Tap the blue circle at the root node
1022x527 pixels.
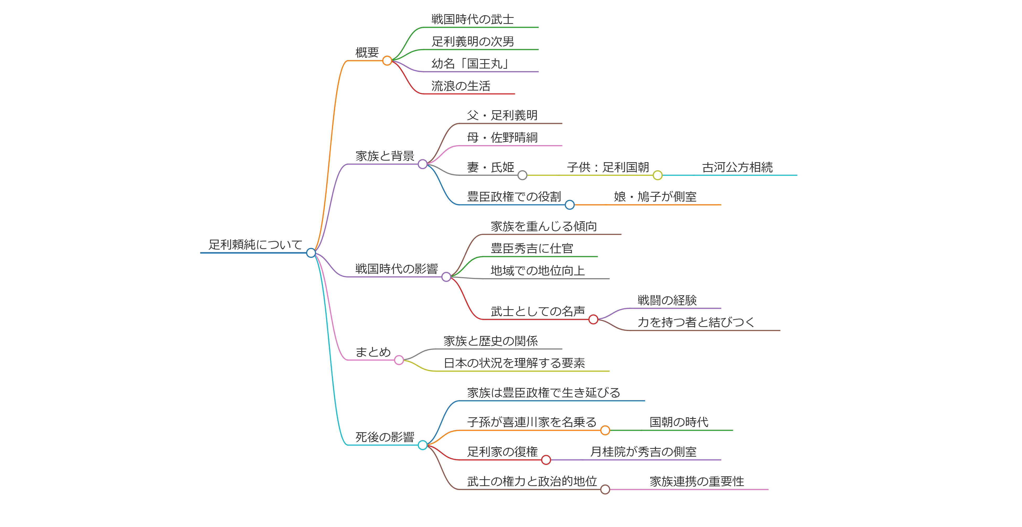311,253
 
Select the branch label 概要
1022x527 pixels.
367,52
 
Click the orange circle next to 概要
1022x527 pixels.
387,61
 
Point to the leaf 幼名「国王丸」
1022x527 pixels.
470,64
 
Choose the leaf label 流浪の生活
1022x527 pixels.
461,86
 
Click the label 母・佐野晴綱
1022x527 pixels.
502,137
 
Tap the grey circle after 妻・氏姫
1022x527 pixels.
523,175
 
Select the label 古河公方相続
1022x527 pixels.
737,167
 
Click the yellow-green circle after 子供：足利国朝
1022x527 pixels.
657,175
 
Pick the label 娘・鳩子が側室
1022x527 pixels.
655,196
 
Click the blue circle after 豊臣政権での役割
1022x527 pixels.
570,205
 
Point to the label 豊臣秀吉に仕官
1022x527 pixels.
532,249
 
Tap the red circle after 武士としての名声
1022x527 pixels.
593,319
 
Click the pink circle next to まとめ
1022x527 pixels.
399,360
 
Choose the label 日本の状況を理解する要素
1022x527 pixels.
514,363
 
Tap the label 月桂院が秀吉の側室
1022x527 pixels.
643,452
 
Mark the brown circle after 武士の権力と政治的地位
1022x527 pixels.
605,489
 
